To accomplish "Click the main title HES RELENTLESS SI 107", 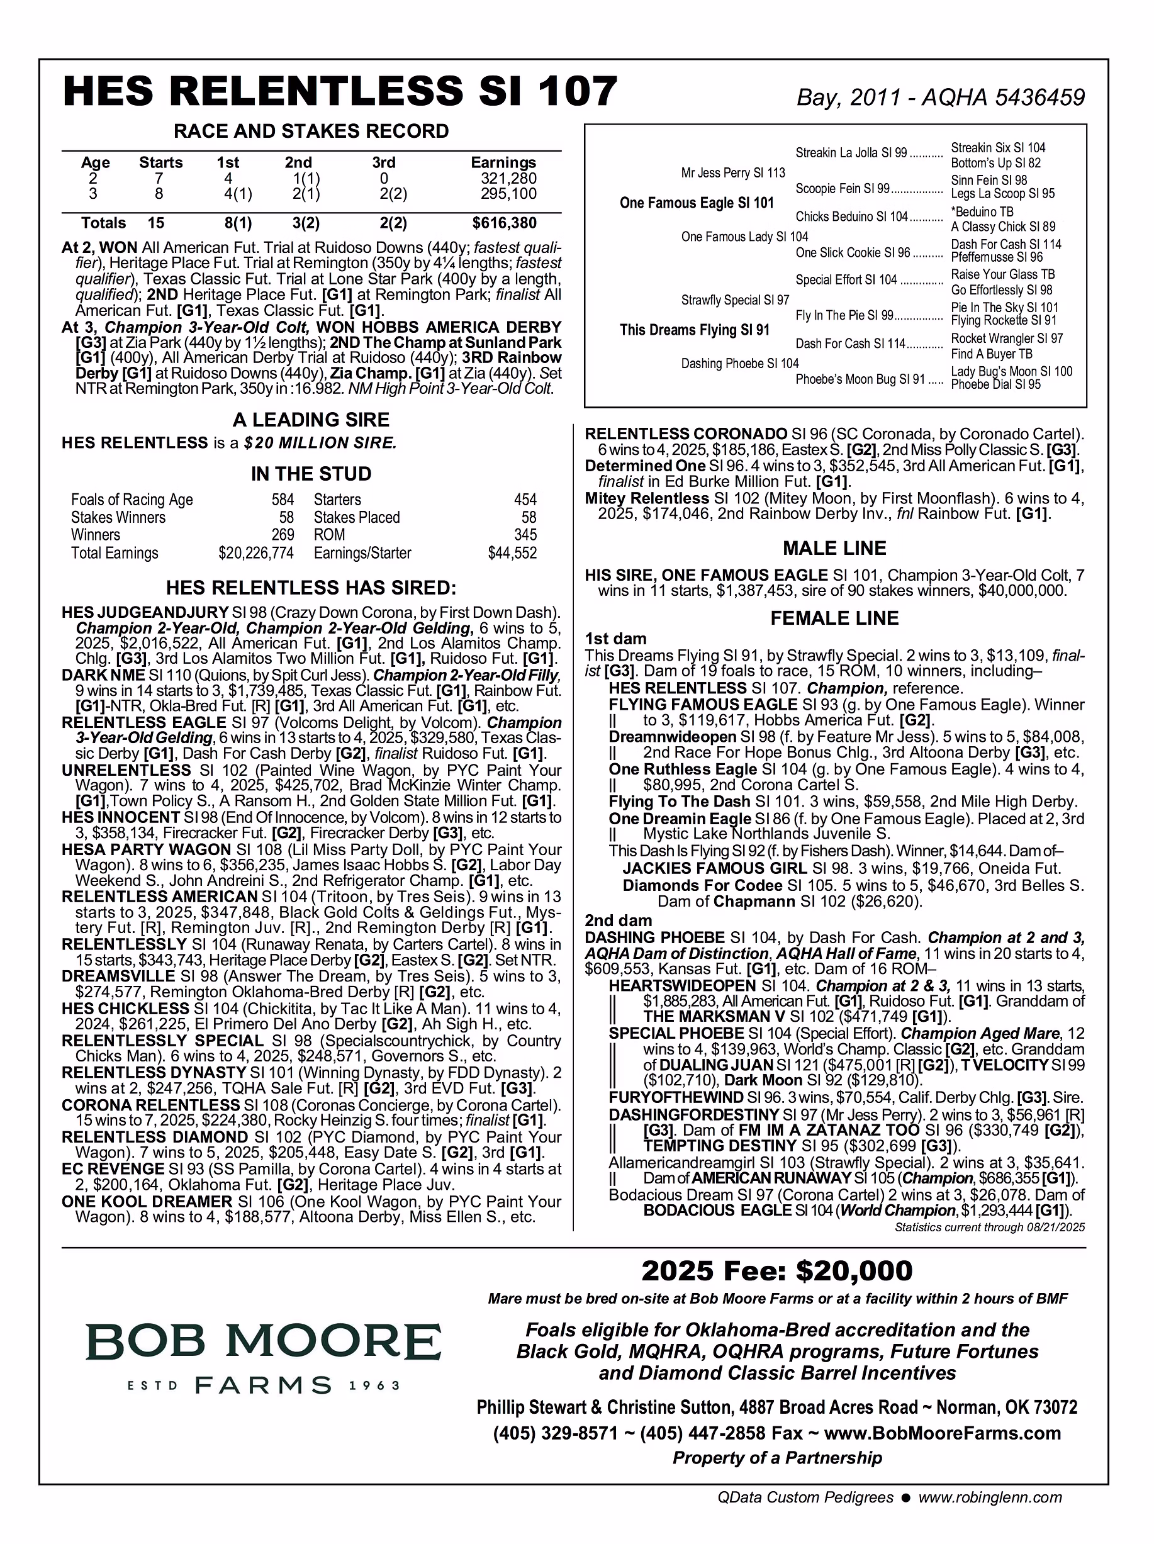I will pos(340,91).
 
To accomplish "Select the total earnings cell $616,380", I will pos(504,223).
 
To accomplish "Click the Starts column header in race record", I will pos(160,162).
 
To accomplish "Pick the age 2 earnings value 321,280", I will pos(508,179).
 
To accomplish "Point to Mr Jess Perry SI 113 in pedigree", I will pos(733,172).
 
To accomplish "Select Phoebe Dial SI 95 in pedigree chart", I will pos(995,384).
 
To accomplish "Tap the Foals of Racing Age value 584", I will pos(283,500).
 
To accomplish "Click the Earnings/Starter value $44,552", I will pos(512,554).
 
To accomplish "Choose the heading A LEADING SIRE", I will pos(311,420).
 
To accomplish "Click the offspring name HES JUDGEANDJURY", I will pos(145,613).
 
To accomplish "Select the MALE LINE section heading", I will pos(834,548).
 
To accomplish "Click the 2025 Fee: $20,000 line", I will pos(776,1270).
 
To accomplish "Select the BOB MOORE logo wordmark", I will pos(264,1341).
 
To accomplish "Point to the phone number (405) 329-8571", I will pos(555,1433).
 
